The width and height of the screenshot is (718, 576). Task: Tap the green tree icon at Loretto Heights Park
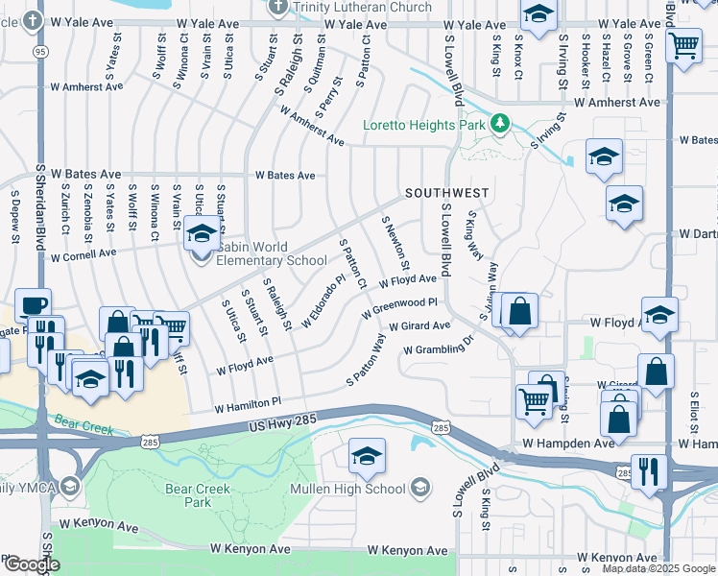click(499, 124)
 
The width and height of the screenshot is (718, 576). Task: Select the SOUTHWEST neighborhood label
click(446, 193)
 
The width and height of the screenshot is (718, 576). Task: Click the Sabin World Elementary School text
click(264, 253)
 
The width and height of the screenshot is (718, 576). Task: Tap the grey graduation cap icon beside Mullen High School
click(419, 489)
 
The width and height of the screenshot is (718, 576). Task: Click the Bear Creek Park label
click(188, 495)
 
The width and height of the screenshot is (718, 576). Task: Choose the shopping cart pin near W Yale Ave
click(682, 44)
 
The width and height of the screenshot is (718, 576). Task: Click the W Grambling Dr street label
click(439, 346)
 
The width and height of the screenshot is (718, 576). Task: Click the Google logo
click(31, 564)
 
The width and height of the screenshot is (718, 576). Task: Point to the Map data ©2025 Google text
click(658, 568)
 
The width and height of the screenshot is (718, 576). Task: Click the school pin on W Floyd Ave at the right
click(659, 316)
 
